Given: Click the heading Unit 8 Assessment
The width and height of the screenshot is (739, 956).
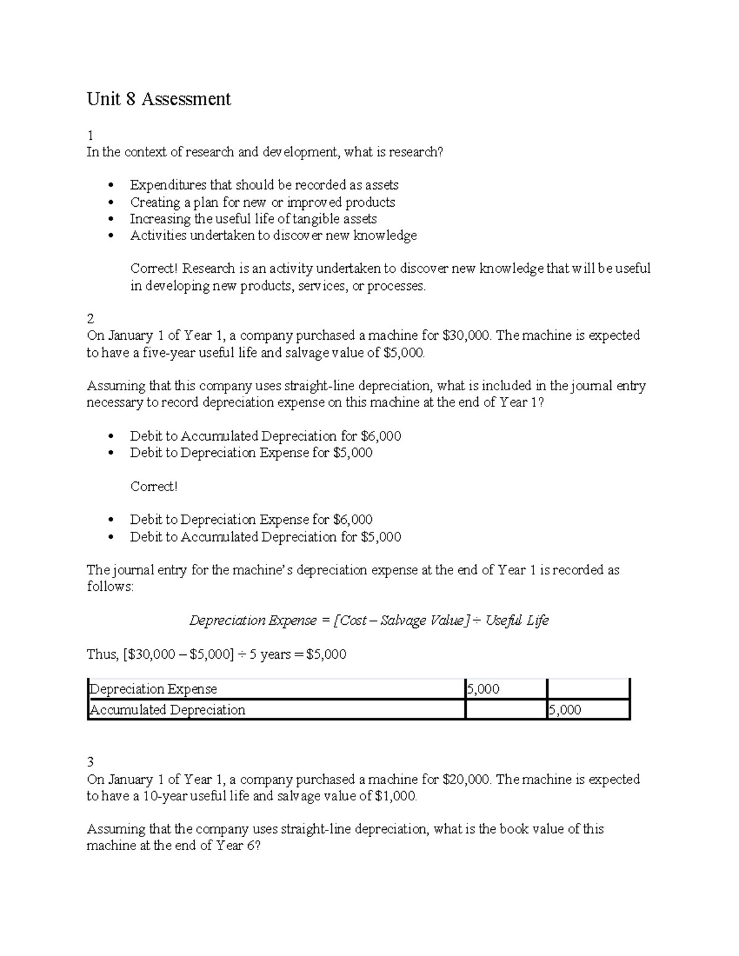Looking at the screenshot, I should click(x=159, y=99).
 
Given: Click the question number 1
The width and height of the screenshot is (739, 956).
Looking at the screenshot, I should click(x=90, y=135).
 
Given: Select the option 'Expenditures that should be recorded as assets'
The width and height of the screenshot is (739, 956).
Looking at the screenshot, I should click(x=264, y=185).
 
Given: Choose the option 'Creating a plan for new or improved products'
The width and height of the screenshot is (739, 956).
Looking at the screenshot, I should click(x=262, y=203).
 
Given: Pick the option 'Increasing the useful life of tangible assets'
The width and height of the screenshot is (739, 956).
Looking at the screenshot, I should click(x=253, y=219).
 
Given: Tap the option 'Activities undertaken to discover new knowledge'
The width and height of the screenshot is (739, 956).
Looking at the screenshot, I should click(x=273, y=236).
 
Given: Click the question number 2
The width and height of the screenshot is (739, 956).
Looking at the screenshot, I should click(x=91, y=319).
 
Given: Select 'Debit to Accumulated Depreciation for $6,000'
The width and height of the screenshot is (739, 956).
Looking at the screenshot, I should click(x=265, y=436).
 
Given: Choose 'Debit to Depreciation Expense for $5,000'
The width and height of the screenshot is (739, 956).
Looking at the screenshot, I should click(x=251, y=453).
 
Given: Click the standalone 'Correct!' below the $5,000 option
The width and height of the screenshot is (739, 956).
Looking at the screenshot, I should click(x=153, y=487).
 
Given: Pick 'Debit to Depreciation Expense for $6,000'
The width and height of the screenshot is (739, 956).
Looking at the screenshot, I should click(x=251, y=520).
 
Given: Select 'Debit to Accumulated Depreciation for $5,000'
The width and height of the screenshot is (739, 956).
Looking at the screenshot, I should click(x=265, y=537).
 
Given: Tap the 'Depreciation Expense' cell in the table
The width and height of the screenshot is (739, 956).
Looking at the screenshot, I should click(x=154, y=689).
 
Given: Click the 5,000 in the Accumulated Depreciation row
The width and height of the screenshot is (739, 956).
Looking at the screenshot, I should click(x=565, y=710).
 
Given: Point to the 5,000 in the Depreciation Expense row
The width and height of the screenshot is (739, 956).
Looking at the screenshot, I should click(x=483, y=689).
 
